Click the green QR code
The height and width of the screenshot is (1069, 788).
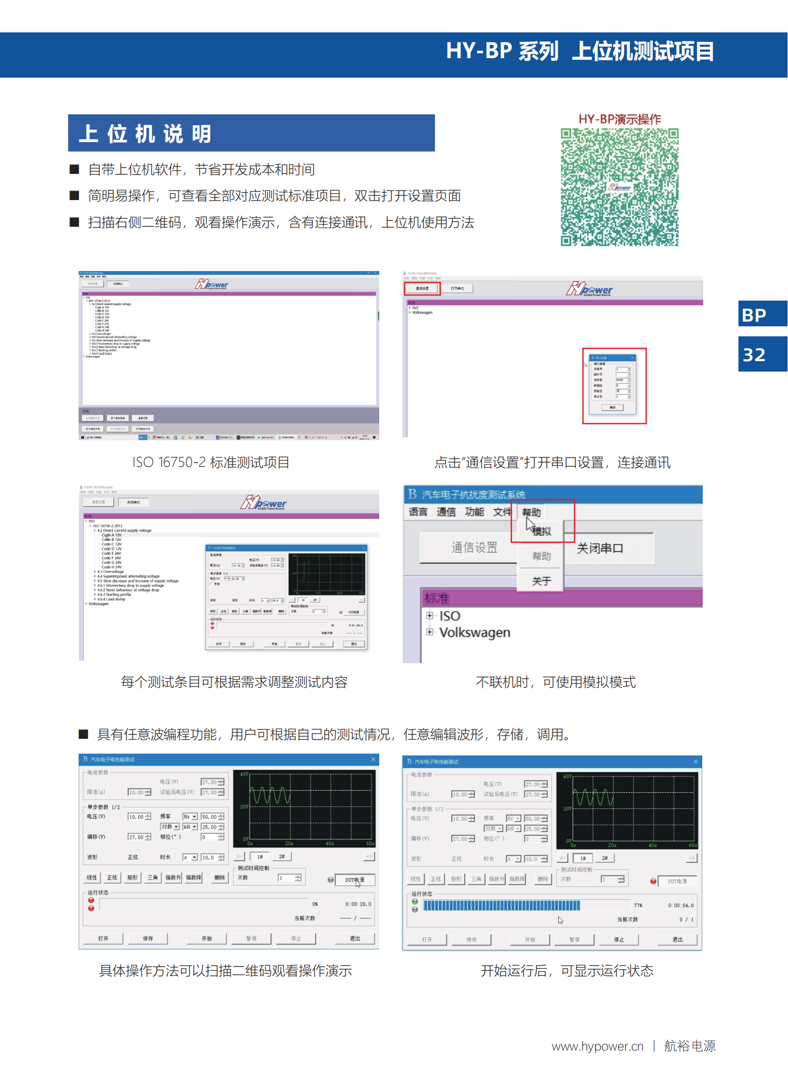619,187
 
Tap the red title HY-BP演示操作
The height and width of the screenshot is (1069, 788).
619,119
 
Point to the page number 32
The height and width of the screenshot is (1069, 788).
754,354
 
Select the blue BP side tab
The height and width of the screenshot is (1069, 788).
754,315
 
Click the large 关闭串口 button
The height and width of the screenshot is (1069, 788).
600,548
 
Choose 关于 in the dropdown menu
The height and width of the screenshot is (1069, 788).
541,581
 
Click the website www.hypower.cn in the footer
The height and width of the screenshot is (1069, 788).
597,1046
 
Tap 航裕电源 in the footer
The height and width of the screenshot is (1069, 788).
690,1046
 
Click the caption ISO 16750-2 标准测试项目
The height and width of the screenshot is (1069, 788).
211,462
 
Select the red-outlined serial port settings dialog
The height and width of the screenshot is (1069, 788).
614,385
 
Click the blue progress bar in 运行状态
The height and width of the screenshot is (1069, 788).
501,905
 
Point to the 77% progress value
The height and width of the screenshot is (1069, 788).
638,905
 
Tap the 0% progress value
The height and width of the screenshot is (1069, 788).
315,904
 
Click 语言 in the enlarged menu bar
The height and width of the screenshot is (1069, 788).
418,512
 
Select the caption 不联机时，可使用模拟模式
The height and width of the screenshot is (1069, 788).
555,682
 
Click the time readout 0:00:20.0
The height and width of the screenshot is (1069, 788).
358,904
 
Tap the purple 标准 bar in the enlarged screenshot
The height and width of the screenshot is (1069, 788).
561,598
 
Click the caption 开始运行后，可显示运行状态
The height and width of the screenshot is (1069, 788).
566,970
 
